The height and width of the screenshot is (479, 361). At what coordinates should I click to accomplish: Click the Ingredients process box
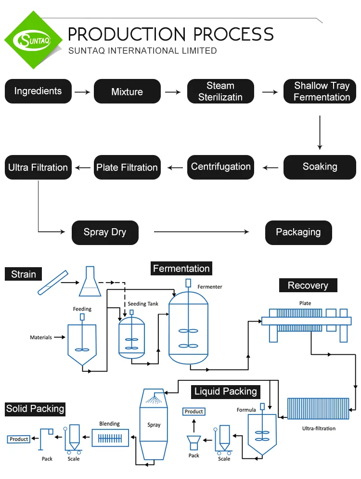coord(38,91)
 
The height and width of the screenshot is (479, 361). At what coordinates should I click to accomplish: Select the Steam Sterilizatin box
coord(220,91)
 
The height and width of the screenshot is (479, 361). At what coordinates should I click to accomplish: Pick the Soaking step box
coord(320,167)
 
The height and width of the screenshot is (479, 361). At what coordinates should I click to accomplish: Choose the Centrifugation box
coord(220,167)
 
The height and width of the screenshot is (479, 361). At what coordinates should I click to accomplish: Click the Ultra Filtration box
coord(38,168)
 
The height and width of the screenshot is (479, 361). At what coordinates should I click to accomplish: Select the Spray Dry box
coord(105,233)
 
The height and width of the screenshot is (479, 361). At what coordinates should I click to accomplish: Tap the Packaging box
coord(298,233)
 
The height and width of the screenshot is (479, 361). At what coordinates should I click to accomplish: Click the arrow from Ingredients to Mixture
coord(82,91)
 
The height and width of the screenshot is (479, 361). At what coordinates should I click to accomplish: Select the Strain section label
coord(24,274)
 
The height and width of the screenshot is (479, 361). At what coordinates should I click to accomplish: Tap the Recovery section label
coord(308,285)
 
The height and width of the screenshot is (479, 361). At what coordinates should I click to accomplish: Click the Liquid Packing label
coord(226,391)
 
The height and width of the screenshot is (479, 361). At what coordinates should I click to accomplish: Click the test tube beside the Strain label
coord(52,283)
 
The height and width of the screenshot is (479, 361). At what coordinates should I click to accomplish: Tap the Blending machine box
coord(110,439)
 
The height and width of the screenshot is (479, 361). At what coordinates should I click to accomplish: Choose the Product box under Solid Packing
coord(19,439)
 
